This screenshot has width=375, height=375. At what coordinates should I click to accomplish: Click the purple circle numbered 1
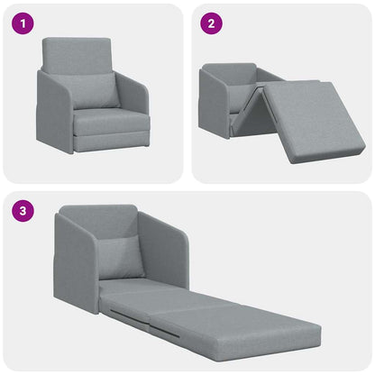[23, 24]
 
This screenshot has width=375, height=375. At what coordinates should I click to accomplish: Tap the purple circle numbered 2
[210, 24]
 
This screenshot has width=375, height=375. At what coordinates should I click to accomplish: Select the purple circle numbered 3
[23, 213]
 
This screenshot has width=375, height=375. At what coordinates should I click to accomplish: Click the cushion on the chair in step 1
[95, 91]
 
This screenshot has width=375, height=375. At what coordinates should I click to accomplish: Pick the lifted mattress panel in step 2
[311, 118]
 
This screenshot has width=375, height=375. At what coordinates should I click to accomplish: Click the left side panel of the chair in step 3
[73, 261]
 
